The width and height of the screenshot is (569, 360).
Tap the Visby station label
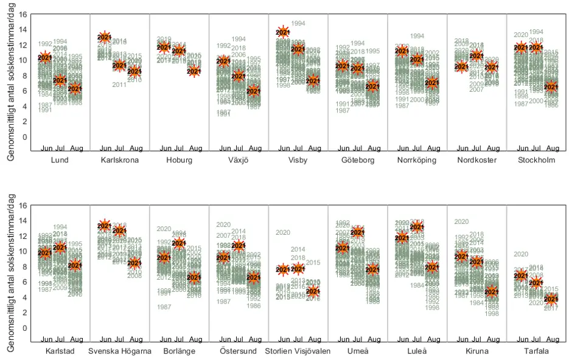(x=298, y=161)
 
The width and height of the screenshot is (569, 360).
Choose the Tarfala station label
(x=536, y=351)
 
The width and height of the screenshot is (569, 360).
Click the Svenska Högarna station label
(x=119, y=351)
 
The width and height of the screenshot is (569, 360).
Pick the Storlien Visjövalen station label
(x=298, y=351)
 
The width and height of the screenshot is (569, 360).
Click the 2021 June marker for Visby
(x=283, y=32)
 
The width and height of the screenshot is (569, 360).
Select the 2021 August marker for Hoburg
(x=194, y=71)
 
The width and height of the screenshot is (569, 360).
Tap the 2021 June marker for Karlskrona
(x=105, y=38)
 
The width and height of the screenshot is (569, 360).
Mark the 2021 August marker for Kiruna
(x=492, y=292)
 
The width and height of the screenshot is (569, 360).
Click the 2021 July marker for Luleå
(x=417, y=227)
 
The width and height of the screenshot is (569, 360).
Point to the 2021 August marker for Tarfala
(x=551, y=299)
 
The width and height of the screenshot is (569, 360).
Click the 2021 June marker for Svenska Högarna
(x=105, y=226)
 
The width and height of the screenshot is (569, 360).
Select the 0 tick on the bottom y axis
(x=24, y=328)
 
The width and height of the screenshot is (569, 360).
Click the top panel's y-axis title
(x=11, y=88)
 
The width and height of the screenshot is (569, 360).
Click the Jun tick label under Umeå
(x=343, y=339)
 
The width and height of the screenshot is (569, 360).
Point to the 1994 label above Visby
(x=298, y=24)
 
